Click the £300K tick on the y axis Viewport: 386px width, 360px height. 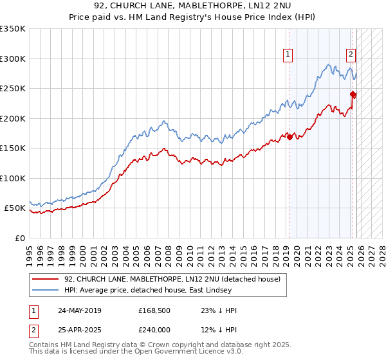click(x=13, y=59)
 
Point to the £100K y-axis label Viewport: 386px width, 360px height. click(x=13, y=178)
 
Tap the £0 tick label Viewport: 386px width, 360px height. click(x=20, y=238)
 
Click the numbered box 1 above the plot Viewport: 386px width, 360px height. click(x=288, y=55)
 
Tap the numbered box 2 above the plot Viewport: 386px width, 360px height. click(x=351, y=55)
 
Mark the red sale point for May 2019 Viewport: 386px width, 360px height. click(x=289, y=136)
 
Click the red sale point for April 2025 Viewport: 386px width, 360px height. click(x=353, y=94)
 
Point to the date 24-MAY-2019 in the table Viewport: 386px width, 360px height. click(x=79, y=310)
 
